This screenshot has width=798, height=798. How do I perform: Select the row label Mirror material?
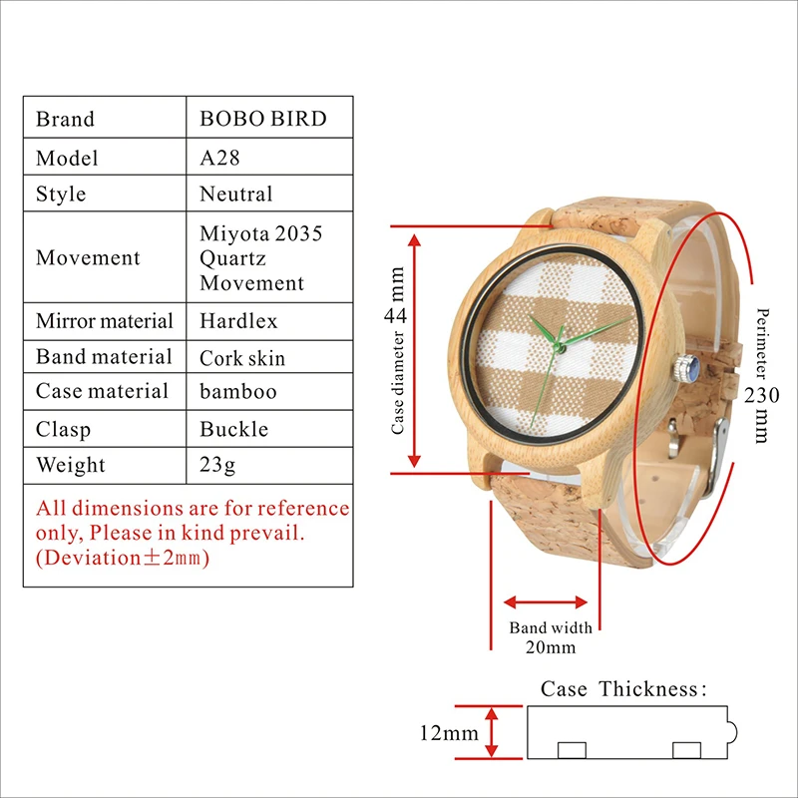pos(104,321)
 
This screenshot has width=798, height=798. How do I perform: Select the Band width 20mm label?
pos(550,637)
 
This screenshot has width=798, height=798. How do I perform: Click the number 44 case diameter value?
pos(396,315)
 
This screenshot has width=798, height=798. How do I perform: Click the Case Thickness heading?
pos(623,689)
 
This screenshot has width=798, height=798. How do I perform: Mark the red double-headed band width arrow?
pos(546,601)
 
